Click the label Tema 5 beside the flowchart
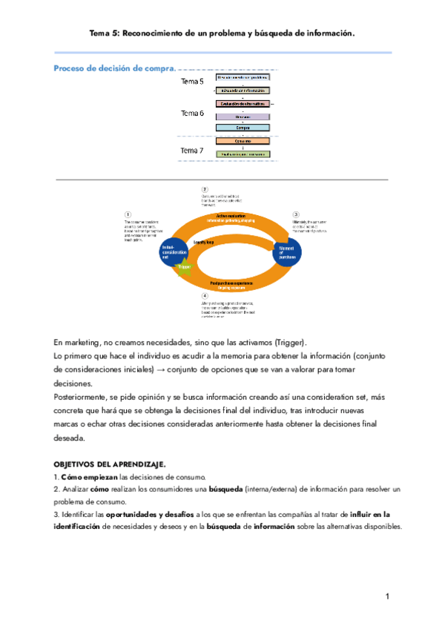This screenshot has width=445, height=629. click(192, 82)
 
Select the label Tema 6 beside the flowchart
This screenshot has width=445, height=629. click(192, 113)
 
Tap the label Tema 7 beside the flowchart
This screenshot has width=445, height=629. click(192, 151)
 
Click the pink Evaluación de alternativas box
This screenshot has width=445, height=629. click(243, 104)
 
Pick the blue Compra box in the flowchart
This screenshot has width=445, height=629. click(243, 128)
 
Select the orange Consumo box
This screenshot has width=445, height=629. click(243, 141)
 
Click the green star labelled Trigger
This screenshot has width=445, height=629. click(185, 266)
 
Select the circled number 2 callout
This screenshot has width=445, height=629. click(205, 188)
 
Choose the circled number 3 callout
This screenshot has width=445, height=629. click(295, 214)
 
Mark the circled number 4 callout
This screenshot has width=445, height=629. click(205, 296)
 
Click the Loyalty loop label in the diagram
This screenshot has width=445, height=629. click(204, 242)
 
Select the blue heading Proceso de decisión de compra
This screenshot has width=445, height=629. click(114, 68)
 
